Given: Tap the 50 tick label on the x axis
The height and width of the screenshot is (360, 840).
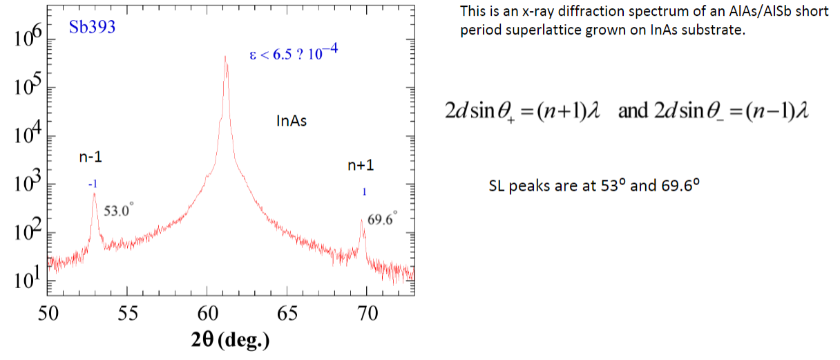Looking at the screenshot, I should pos(48,313).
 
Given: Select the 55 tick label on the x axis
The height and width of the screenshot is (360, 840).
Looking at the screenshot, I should pos(128,313).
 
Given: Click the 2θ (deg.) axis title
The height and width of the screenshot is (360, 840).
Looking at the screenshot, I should pos(231,340).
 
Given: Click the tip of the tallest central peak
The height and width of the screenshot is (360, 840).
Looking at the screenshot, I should pos(225,57).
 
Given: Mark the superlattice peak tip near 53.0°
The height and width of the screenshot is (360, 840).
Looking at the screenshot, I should pos(94,193).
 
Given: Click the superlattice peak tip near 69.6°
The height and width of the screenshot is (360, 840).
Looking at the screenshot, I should pos(361,220).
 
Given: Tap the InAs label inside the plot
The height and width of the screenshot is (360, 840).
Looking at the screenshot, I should pos(292,122).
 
